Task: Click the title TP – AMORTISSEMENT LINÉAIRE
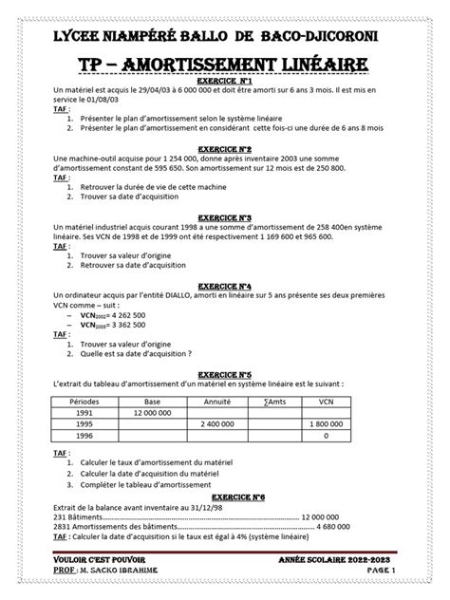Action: tap(224, 64)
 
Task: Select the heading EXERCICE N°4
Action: tap(224, 285)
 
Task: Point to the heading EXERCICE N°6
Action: tap(224, 497)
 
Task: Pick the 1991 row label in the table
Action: tap(85, 413)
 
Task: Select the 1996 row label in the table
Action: tap(85, 436)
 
